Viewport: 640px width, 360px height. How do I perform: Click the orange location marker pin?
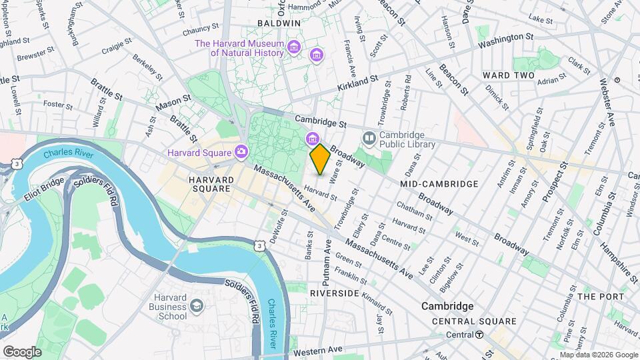click(320, 159)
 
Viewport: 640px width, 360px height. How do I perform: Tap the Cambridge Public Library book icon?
click(369, 137)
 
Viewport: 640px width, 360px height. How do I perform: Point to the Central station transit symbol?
click(479, 335)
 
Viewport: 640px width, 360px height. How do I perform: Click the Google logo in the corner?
click(21, 351)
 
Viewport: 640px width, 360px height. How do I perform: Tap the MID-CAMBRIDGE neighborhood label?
click(439, 183)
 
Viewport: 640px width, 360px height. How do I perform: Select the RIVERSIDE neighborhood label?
click(335, 293)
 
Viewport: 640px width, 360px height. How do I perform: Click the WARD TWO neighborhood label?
click(509, 75)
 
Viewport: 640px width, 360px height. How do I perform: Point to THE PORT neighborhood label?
click(601, 296)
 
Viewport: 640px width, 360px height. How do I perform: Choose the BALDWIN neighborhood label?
click(279, 23)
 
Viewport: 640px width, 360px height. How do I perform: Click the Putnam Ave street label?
click(327, 258)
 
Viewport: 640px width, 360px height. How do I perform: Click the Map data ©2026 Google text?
click(599, 355)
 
